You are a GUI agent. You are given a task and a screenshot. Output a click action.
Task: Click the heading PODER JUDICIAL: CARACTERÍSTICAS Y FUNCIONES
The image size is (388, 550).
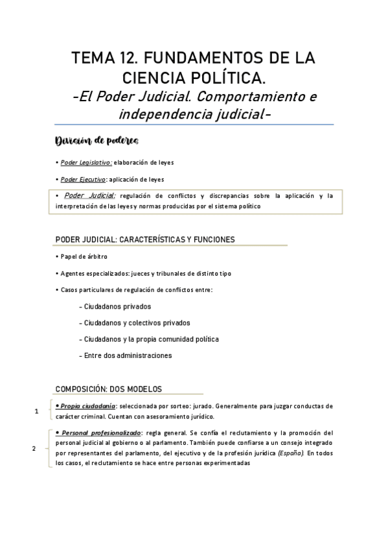145,239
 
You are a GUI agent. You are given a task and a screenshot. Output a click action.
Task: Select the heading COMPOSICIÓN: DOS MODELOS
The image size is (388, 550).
109,389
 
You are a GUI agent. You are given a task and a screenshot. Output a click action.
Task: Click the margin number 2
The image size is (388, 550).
34,448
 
